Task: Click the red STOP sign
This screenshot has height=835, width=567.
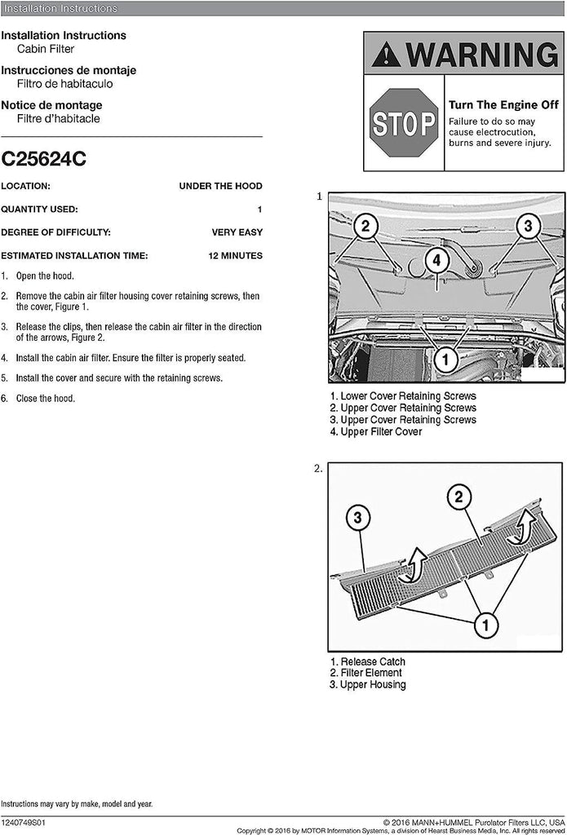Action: (x=404, y=123)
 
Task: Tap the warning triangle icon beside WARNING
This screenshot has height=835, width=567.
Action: (x=385, y=55)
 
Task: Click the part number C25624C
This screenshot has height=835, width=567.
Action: (x=43, y=159)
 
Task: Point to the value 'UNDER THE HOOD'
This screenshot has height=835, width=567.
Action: (x=220, y=186)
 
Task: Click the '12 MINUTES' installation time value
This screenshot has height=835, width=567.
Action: (x=235, y=255)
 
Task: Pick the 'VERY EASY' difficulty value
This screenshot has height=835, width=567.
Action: (x=237, y=232)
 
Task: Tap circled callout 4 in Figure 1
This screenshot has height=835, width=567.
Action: (x=436, y=261)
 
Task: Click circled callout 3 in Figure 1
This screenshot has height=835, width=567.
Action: (x=528, y=225)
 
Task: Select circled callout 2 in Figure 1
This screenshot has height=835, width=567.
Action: (x=366, y=226)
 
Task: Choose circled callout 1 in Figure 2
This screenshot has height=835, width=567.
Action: (x=485, y=625)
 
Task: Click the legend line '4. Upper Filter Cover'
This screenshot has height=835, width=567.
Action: (x=376, y=431)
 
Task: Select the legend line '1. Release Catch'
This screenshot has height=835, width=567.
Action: (x=367, y=661)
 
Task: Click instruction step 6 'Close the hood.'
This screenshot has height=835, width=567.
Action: (x=45, y=398)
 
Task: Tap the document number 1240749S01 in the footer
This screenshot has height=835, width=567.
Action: (x=24, y=823)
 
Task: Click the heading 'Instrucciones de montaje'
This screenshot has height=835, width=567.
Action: (x=69, y=70)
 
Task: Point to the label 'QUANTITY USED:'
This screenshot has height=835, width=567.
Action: (x=39, y=210)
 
